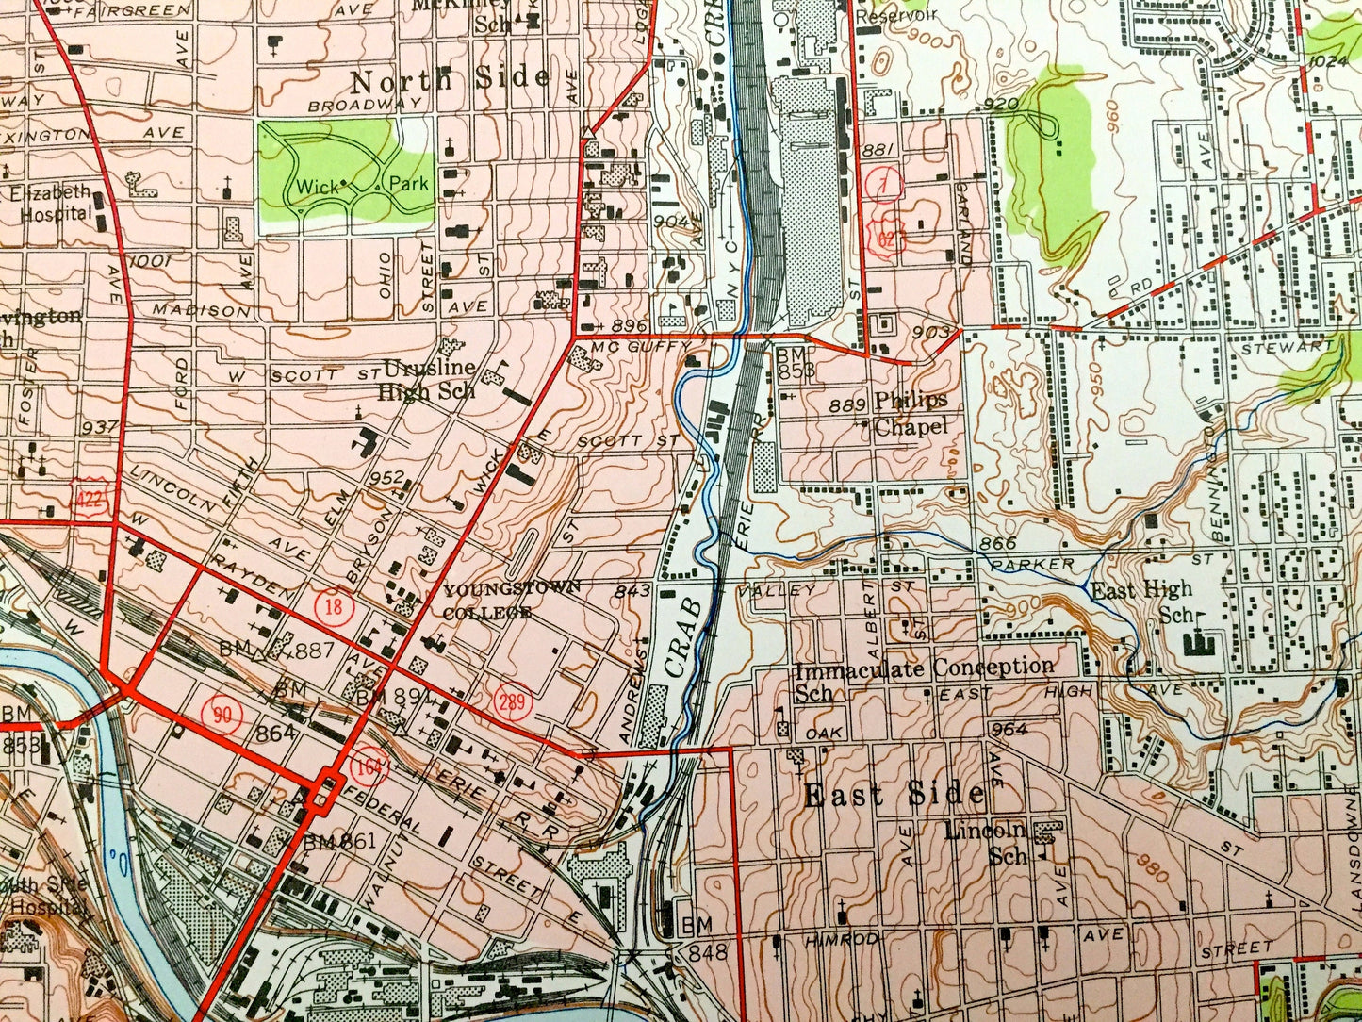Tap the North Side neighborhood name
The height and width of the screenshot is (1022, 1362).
pyautogui.click(x=451, y=78)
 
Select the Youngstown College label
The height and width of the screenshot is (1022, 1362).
pyautogui.click(x=500, y=601)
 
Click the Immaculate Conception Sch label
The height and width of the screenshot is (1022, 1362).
pyautogui.click(x=924, y=679)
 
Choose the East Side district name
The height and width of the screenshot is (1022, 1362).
pyautogui.click(x=894, y=795)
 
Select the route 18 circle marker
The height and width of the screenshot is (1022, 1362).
pyautogui.click(x=333, y=606)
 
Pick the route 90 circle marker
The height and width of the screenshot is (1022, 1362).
pyautogui.click(x=222, y=714)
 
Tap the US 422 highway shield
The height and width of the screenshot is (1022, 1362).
pyautogui.click(x=92, y=499)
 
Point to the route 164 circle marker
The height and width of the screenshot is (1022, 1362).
pyautogui.click(x=371, y=766)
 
